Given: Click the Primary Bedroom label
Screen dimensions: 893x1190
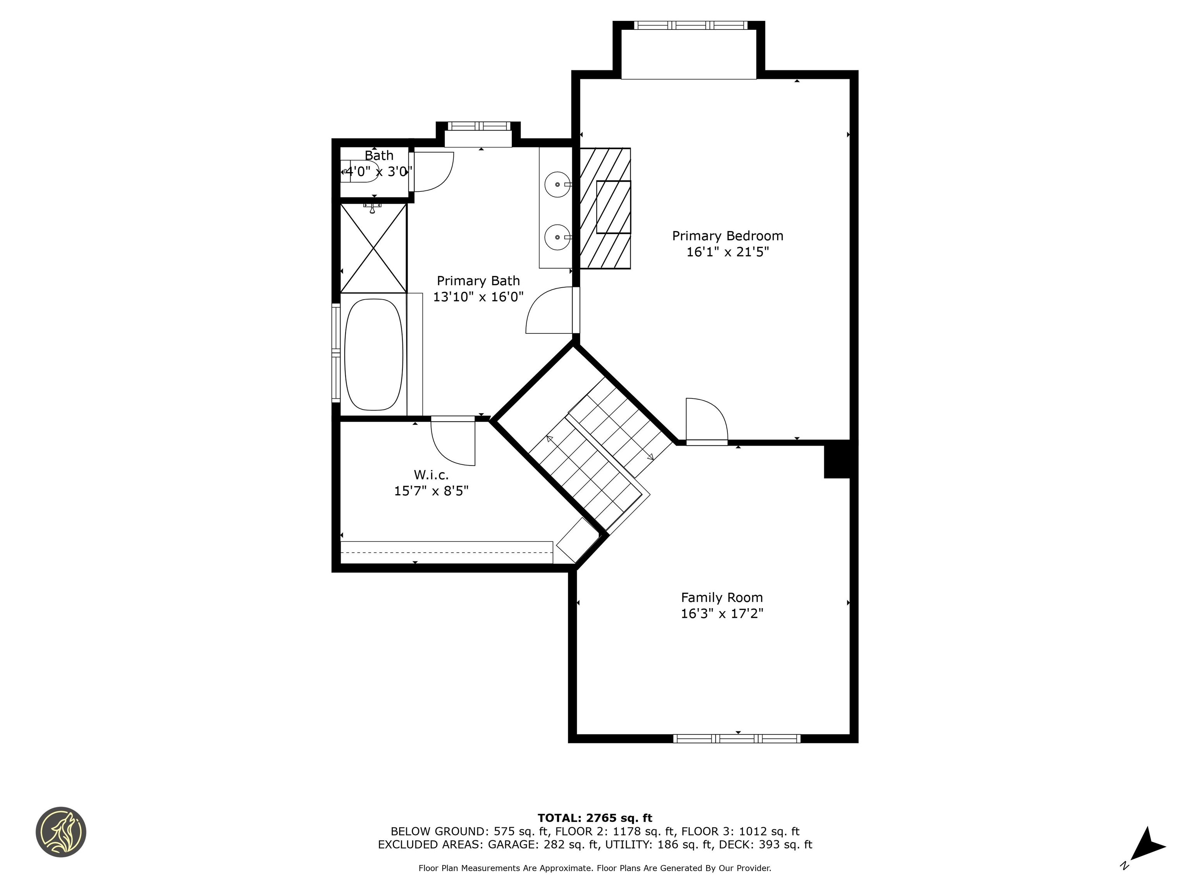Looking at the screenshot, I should coord(727,236).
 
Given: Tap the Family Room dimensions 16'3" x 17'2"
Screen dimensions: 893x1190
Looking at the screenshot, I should coord(722,614).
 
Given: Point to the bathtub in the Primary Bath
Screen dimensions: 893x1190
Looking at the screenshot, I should coord(373,355).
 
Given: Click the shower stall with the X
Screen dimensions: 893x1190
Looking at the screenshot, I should coord(373,248).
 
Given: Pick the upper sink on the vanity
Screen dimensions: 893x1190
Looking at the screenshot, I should coord(557,184).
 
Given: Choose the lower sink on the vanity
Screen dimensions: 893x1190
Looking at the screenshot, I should coord(557,237).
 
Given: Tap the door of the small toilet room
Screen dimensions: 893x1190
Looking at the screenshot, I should coord(432,172).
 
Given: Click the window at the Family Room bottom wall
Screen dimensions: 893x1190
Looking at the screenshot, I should coord(736,738).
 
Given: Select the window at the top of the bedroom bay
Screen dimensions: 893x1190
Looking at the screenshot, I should coord(690,25).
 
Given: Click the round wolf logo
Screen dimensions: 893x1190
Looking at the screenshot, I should coord(61,832).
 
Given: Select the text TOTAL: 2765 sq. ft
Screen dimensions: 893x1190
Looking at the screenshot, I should coord(595,818).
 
